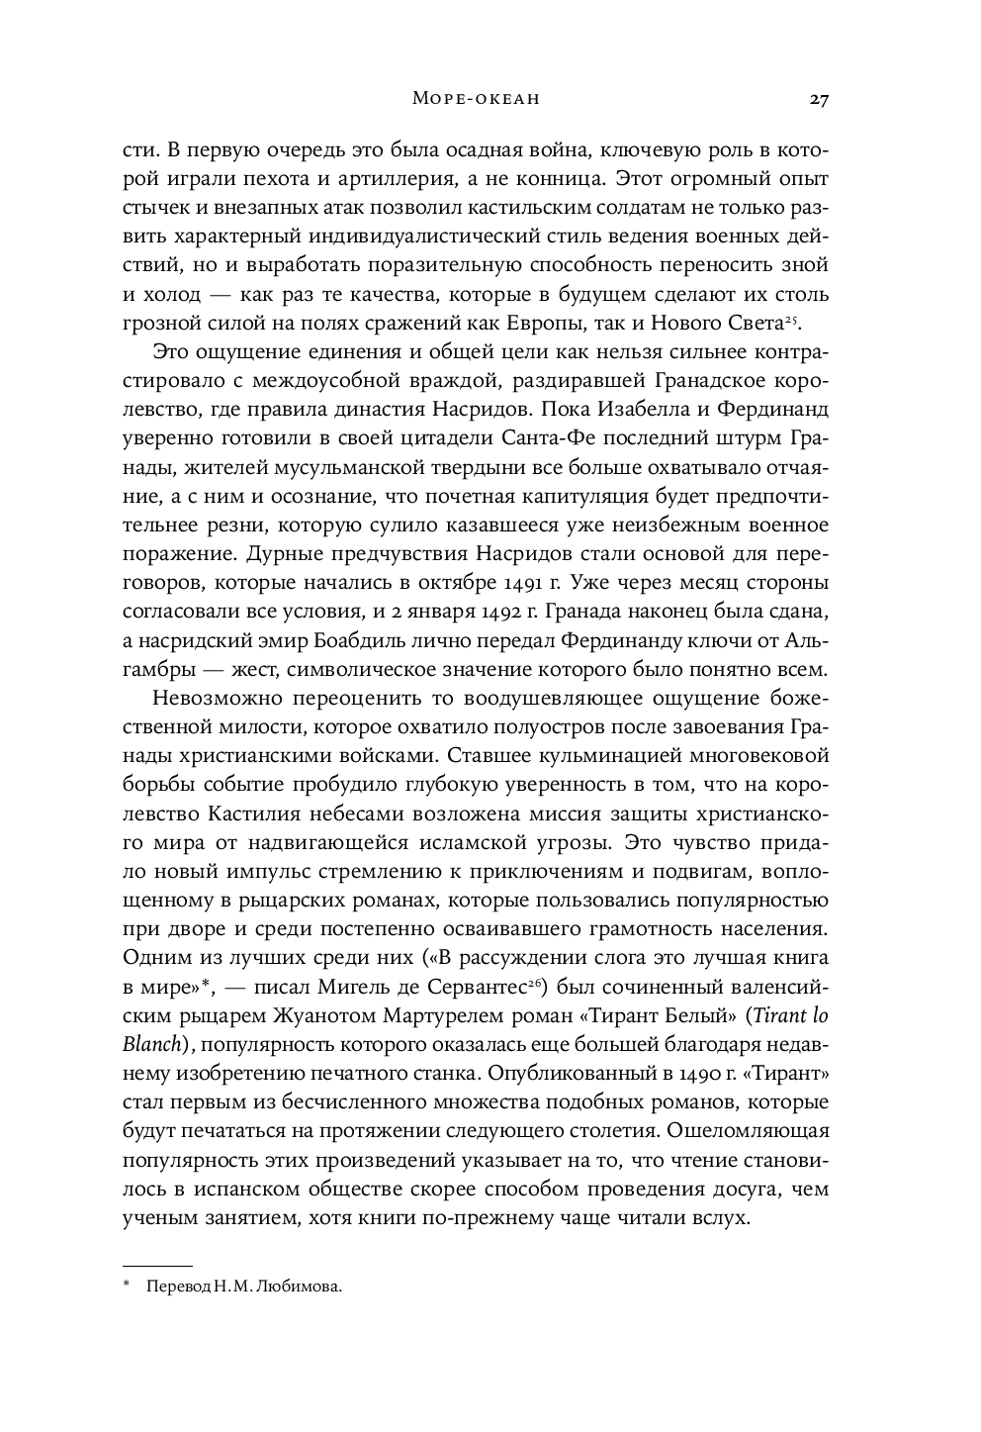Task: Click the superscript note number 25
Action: click(x=791, y=318)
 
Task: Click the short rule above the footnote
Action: click(x=156, y=1265)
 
